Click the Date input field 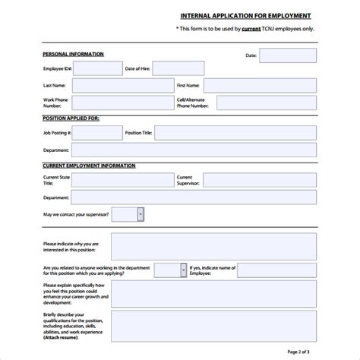pos(287,55)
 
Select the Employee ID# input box pos(98,69)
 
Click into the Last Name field pos(123,85)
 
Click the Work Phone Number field pos(123,103)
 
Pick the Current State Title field pos(123,179)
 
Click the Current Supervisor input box pos(259,179)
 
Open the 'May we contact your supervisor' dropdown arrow pos(141,215)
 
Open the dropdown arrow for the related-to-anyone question pos(183,270)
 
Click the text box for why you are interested pos(213,246)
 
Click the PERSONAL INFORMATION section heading pos(73,55)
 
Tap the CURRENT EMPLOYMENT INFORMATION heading pos(90,165)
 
